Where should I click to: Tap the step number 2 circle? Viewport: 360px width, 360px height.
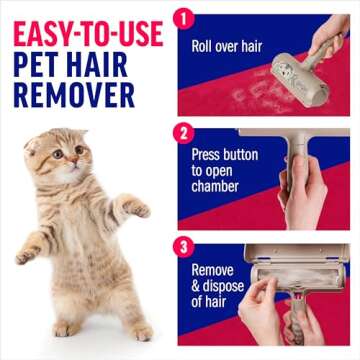point(182,131)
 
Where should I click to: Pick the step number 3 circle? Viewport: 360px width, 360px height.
point(182,245)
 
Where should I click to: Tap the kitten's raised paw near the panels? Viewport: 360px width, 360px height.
point(140,209)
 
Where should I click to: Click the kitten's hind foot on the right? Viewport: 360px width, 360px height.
point(141,331)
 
